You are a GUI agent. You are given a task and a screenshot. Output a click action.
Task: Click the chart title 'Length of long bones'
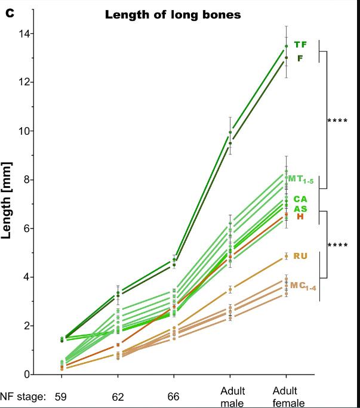pos(173,15)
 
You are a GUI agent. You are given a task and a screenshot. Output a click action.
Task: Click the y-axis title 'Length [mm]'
pos(8,200)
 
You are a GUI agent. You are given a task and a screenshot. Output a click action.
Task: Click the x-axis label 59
pos(60,395)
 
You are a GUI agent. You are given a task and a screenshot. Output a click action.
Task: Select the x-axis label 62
pos(117,395)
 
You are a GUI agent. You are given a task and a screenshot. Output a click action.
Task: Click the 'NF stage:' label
pos(23,395)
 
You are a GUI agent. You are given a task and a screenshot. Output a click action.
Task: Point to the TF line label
pos(300,45)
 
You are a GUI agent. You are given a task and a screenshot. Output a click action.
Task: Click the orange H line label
pos(300,217)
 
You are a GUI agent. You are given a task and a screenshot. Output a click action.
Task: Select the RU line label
pos(300,256)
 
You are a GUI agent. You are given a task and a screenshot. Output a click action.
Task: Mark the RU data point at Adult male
pos(230,289)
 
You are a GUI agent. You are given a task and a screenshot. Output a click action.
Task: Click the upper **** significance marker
pos(338,121)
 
